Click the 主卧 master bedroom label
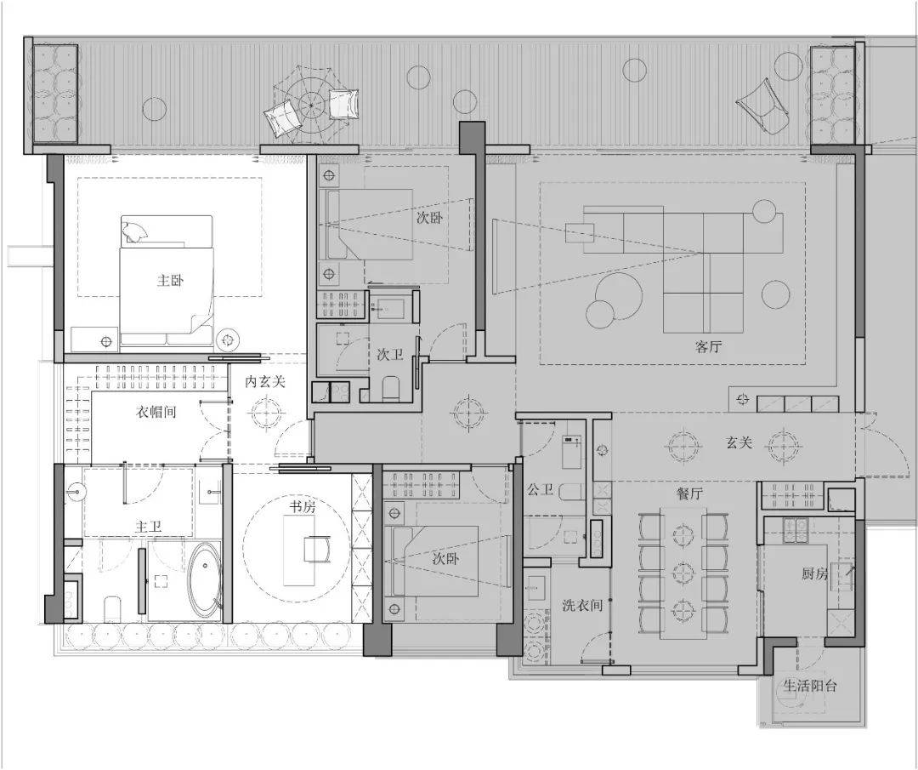pos(170,281)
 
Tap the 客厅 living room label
pos(708,347)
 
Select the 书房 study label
pos(303,507)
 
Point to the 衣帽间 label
pos(156,412)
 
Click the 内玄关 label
pos(265,382)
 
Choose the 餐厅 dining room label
pos(689,493)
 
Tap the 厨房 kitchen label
pos(815,573)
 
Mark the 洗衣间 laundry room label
pos(582,605)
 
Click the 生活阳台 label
pos(810,686)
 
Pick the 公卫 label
pos(540,489)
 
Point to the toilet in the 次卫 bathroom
pos(390,389)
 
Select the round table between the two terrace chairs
pos(310,105)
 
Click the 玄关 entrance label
pos(739,442)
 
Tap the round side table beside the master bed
pos(227,339)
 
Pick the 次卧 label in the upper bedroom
pos(429,219)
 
